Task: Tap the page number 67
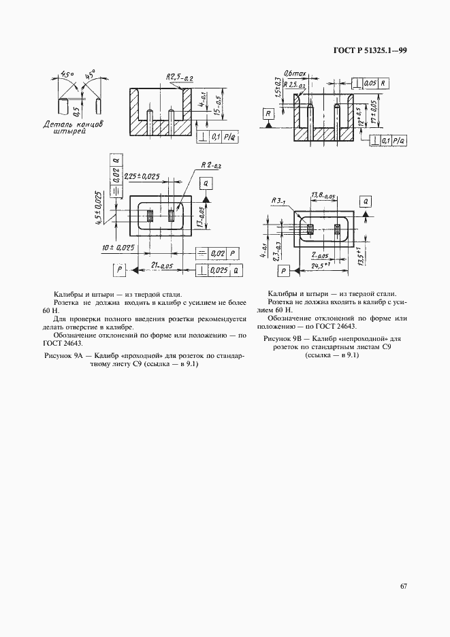pyautogui.click(x=404, y=585)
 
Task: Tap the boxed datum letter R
pyautogui.click(x=269, y=113)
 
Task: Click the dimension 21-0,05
pyautogui.click(x=161, y=264)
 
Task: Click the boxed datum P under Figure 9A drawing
pyautogui.click(x=120, y=270)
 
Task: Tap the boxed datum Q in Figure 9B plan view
pyautogui.click(x=366, y=201)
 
